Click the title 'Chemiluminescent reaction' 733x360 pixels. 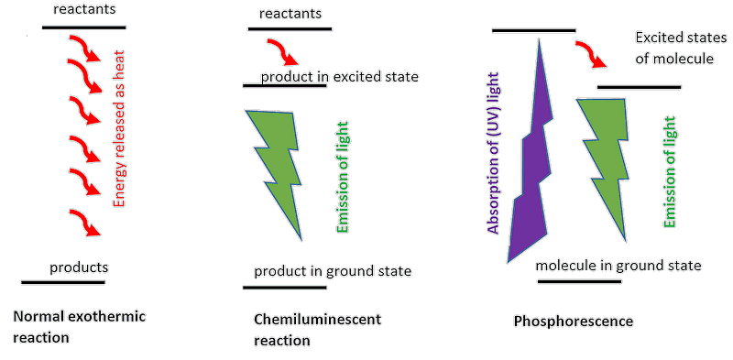coord(316,330)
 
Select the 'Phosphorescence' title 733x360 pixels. coord(573,322)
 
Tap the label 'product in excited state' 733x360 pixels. coord(339,77)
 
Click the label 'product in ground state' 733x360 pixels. coord(333,271)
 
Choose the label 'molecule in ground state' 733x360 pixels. coord(618,266)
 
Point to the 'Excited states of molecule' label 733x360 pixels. coord(673,49)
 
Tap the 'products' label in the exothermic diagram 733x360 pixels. coord(79,267)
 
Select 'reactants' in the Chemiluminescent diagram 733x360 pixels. coord(290,14)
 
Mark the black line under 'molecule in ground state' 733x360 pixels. coord(579,281)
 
